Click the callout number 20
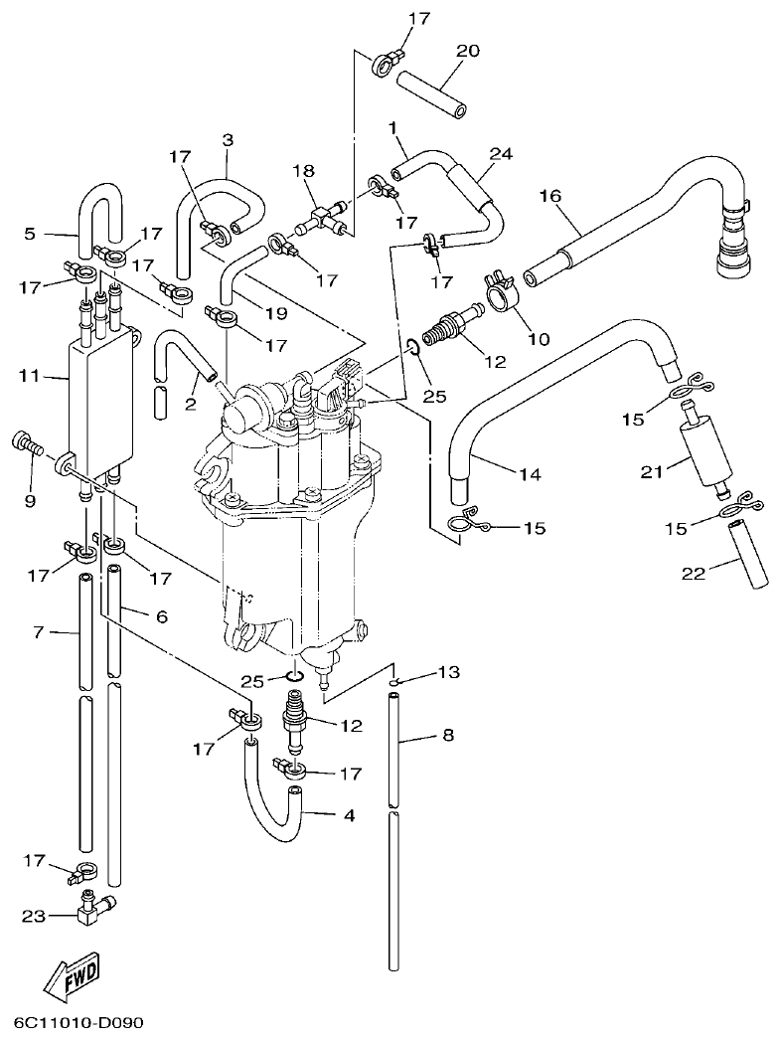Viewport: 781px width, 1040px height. (x=468, y=51)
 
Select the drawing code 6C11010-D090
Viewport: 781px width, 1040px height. (x=78, y=1022)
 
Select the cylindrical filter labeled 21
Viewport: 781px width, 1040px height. (x=703, y=453)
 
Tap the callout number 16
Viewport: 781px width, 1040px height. (x=550, y=197)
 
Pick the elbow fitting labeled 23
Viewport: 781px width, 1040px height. (x=95, y=910)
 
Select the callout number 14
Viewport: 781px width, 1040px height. (x=529, y=474)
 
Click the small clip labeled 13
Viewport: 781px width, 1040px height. (x=394, y=682)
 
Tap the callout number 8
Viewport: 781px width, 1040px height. (x=447, y=737)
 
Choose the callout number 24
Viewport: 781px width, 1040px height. (x=501, y=154)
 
